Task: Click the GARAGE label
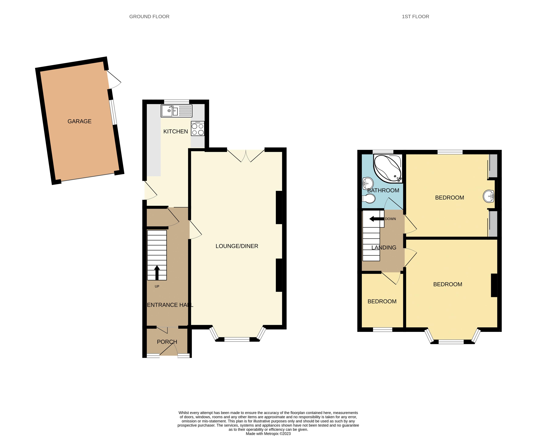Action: click(x=79, y=121)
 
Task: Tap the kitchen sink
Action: click(x=170, y=111)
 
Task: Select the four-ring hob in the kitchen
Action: click(x=198, y=129)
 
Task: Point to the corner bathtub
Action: click(x=387, y=168)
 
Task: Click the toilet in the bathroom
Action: click(x=369, y=199)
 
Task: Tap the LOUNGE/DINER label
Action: click(x=237, y=246)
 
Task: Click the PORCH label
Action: click(x=167, y=342)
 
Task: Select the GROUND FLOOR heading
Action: click(x=149, y=17)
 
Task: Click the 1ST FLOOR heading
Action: click(x=415, y=17)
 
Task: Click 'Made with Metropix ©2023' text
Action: click(x=268, y=434)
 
